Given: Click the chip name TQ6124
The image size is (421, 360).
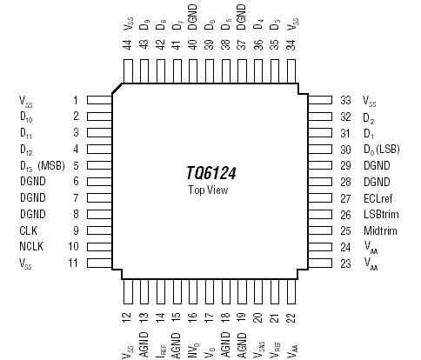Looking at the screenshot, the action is click(210, 173).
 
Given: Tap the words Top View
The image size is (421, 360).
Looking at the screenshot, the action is click(208, 190).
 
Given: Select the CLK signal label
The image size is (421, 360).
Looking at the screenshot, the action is click(28, 230).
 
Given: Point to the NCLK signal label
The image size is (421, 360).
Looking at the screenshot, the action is click(31, 246).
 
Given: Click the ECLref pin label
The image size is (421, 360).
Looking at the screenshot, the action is click(378, 198).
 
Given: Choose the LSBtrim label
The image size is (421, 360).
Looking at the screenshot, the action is click(381, 215).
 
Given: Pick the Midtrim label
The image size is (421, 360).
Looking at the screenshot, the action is click(380, 230).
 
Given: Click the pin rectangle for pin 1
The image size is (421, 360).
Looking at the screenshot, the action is click(99, 100).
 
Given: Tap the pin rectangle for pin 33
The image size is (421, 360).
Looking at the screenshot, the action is click(320, 100).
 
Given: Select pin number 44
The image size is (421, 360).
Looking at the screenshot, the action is click(128, 44).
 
